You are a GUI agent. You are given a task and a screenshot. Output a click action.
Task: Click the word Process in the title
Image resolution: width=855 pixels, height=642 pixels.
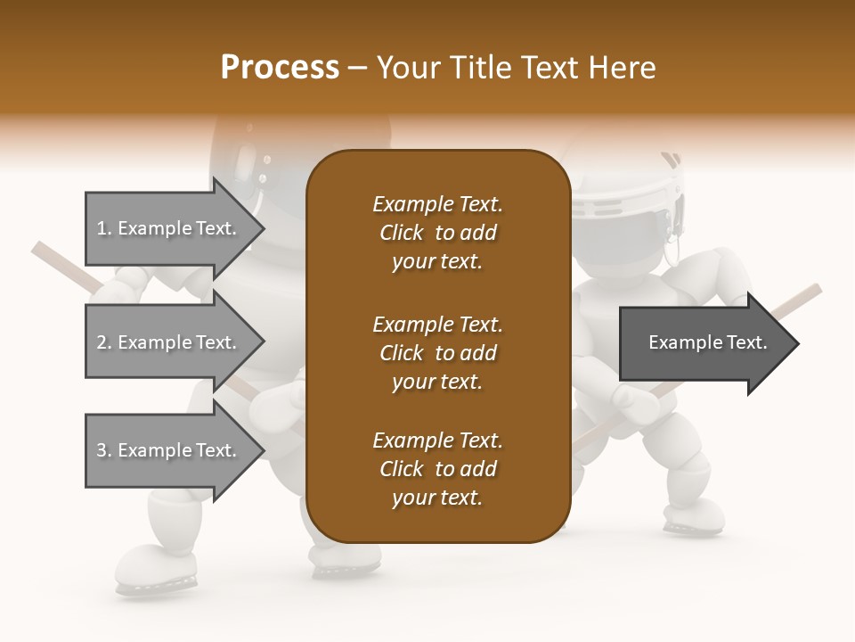[280, 68]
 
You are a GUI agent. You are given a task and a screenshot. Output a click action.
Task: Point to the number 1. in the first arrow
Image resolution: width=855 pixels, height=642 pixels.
[104, 229]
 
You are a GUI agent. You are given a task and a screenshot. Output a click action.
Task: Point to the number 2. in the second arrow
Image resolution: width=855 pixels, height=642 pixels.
[104, 342]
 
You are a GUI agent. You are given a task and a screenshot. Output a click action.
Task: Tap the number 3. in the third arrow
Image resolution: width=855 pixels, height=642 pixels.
[104, 450]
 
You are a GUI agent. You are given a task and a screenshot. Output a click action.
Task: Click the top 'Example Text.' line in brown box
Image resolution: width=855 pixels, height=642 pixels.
[437, 204]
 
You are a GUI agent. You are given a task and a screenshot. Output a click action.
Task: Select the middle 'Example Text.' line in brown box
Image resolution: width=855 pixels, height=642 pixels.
[437, 324]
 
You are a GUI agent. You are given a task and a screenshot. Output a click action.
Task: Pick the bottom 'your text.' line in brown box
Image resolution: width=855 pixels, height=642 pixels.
[437, 498]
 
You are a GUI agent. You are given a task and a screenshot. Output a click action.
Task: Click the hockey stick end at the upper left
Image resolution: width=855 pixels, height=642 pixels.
[45, 251]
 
